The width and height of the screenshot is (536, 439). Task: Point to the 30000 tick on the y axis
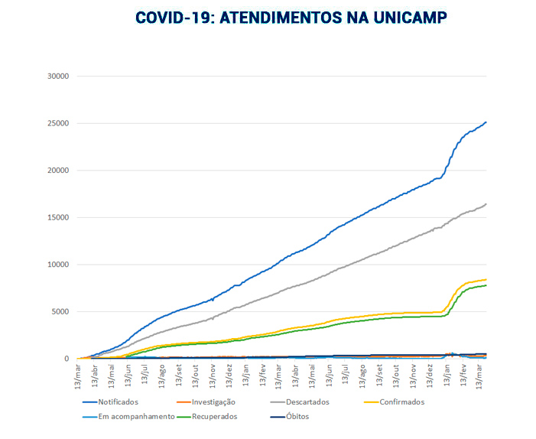coord(59,76)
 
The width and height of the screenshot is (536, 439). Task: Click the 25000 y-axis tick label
coord(59,123)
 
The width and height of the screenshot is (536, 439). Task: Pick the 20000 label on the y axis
coord(59,171)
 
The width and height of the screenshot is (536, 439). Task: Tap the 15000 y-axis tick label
coord(59,218)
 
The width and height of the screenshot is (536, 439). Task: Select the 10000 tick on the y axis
coord(59,265)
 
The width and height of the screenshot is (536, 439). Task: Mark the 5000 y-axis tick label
coord(61,312)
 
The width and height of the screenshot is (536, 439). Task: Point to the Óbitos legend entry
coord(296,417)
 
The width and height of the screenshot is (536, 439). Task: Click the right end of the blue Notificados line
coord(486,122)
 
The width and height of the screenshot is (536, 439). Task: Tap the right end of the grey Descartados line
coord(486,204)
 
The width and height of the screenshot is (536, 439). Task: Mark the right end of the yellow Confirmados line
coord(486,280)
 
